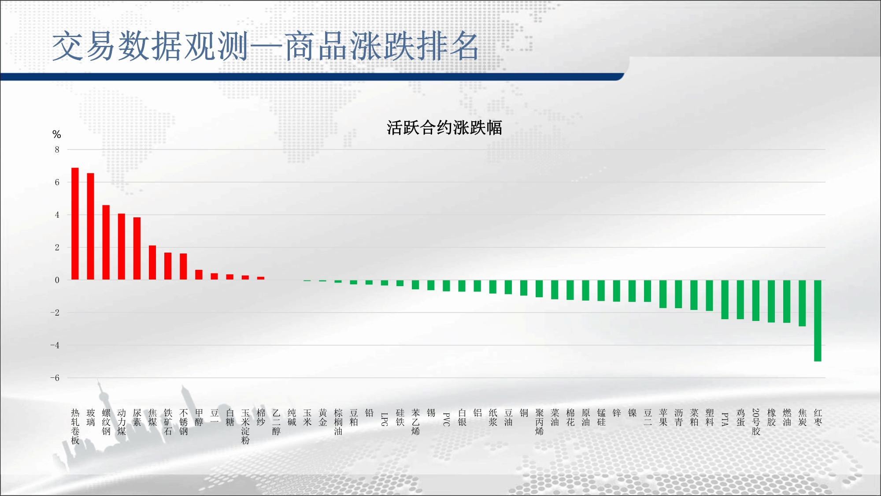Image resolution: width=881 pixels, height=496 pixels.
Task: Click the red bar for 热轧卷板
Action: [75, 224]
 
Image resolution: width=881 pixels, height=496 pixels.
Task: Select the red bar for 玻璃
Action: [90, 226]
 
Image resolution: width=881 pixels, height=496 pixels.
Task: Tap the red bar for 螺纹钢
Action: [106, 242]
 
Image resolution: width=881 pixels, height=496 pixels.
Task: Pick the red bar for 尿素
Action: [137, 248]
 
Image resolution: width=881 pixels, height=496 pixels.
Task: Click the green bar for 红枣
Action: [818, 321]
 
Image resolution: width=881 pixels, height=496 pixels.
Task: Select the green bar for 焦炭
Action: [802, 303]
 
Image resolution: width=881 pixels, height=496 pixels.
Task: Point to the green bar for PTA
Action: [725, 299]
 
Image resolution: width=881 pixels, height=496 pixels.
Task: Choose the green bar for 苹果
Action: [663, 294]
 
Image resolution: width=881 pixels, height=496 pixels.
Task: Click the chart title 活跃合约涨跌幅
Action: [444, 128]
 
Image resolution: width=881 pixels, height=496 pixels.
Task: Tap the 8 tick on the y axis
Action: [57, 149]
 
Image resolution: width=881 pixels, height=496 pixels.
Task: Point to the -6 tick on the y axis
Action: [55, 378]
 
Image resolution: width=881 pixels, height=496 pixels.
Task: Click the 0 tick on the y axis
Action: [57, 280]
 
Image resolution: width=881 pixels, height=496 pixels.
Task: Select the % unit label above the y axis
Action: [56, 134]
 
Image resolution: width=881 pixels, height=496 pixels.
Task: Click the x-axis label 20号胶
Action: [756, 422]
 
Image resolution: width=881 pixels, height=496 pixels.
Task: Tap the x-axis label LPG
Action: [385, 419]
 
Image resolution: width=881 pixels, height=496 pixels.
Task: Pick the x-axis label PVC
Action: [446, 419]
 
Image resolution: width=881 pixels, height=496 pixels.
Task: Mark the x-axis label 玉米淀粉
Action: [245, 426]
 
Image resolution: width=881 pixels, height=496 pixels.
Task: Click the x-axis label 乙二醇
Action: [276, 422]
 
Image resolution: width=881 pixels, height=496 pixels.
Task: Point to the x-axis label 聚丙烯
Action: [539, 422]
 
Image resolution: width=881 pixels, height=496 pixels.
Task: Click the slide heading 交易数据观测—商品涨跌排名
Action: [266, 46]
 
